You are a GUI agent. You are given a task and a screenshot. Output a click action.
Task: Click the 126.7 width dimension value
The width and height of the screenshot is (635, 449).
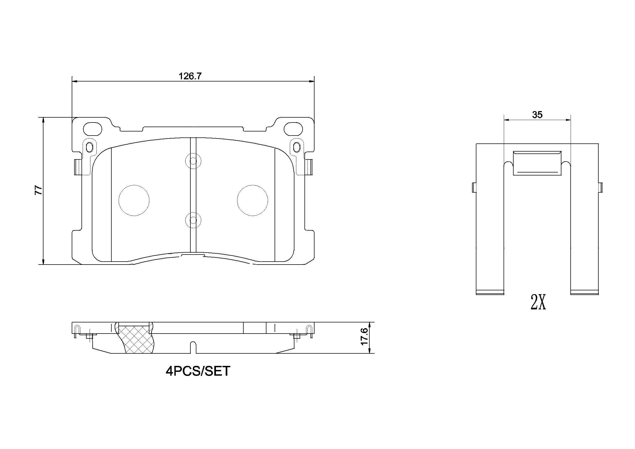190,76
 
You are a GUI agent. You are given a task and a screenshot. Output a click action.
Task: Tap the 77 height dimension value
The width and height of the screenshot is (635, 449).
39,190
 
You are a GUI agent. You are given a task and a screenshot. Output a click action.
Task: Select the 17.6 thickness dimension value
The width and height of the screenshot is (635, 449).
364,336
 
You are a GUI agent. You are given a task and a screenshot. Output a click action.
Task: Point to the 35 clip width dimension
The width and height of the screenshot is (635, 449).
537,115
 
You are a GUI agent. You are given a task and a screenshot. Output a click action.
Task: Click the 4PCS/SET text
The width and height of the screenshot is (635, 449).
198,371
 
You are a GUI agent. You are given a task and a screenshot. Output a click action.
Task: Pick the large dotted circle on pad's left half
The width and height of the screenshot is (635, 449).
134,200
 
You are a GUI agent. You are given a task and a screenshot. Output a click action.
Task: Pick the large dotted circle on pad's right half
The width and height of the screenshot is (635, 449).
252,200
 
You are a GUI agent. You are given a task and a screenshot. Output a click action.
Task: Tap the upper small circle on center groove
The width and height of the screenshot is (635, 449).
193,161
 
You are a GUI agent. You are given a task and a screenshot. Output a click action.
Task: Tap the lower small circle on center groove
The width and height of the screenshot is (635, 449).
193,220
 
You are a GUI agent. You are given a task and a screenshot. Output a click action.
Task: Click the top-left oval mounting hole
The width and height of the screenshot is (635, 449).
92,129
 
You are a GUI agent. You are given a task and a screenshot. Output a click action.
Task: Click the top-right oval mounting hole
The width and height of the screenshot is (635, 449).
293,129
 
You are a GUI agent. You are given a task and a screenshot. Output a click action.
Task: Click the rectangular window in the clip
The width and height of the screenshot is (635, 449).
537,163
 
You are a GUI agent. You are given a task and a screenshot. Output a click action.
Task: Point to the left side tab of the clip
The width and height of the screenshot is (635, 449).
474,187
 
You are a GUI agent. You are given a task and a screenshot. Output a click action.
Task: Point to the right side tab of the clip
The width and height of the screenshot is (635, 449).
600,187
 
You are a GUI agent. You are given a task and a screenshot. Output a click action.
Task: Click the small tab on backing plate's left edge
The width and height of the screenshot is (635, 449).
77,167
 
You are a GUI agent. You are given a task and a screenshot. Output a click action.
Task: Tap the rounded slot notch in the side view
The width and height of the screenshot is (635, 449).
193,347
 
